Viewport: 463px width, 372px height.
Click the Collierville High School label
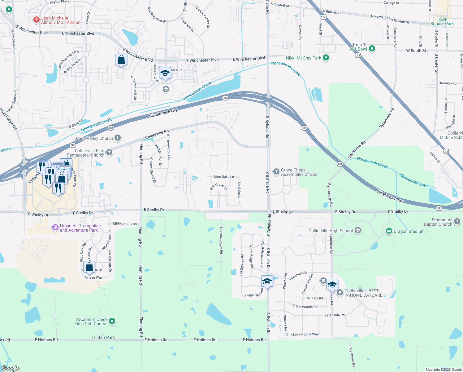331,231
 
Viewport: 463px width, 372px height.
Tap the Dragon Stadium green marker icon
389,231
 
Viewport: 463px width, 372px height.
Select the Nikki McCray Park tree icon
326,58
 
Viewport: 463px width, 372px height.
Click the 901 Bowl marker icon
372,49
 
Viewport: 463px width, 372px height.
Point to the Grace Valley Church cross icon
118,138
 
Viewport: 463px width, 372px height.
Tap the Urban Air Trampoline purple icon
55,228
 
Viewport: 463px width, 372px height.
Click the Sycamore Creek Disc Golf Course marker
112,321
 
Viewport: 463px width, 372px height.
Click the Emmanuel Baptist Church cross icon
457,222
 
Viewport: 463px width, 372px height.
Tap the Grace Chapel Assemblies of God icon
276,172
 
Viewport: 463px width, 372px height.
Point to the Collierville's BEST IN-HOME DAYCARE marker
340,293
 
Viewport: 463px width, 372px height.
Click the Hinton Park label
103,337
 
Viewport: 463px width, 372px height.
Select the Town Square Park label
442,21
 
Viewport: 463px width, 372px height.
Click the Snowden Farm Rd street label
221,240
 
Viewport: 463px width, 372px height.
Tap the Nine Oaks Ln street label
224,177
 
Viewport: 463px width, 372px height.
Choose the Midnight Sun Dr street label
125,224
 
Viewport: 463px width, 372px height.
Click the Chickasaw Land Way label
302,334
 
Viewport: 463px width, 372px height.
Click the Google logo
11,368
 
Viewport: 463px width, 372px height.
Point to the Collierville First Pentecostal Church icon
109,152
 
